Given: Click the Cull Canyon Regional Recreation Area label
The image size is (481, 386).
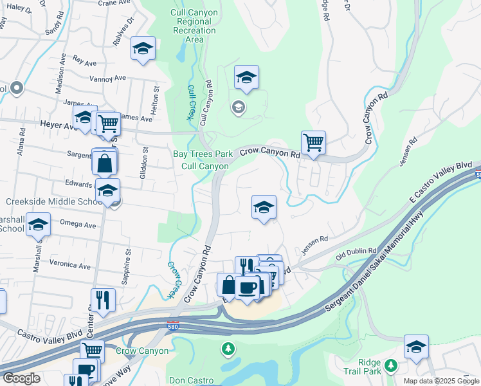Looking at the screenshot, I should [x=194, y=26].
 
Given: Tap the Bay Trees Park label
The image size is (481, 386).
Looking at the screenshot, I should [x=203, y=154].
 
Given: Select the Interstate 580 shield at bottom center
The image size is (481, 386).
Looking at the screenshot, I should [x=172, y=327].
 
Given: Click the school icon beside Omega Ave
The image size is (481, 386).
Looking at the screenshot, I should [x=39, y=225].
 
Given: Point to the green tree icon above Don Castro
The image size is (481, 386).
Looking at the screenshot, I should [x=227, y=349].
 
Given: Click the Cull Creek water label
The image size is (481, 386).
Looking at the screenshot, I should [x=191, y=102].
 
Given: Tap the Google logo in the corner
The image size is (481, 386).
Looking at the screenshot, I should [x=21, y=378].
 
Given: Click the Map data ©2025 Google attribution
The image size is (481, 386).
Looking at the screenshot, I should [x=440, y=381].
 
